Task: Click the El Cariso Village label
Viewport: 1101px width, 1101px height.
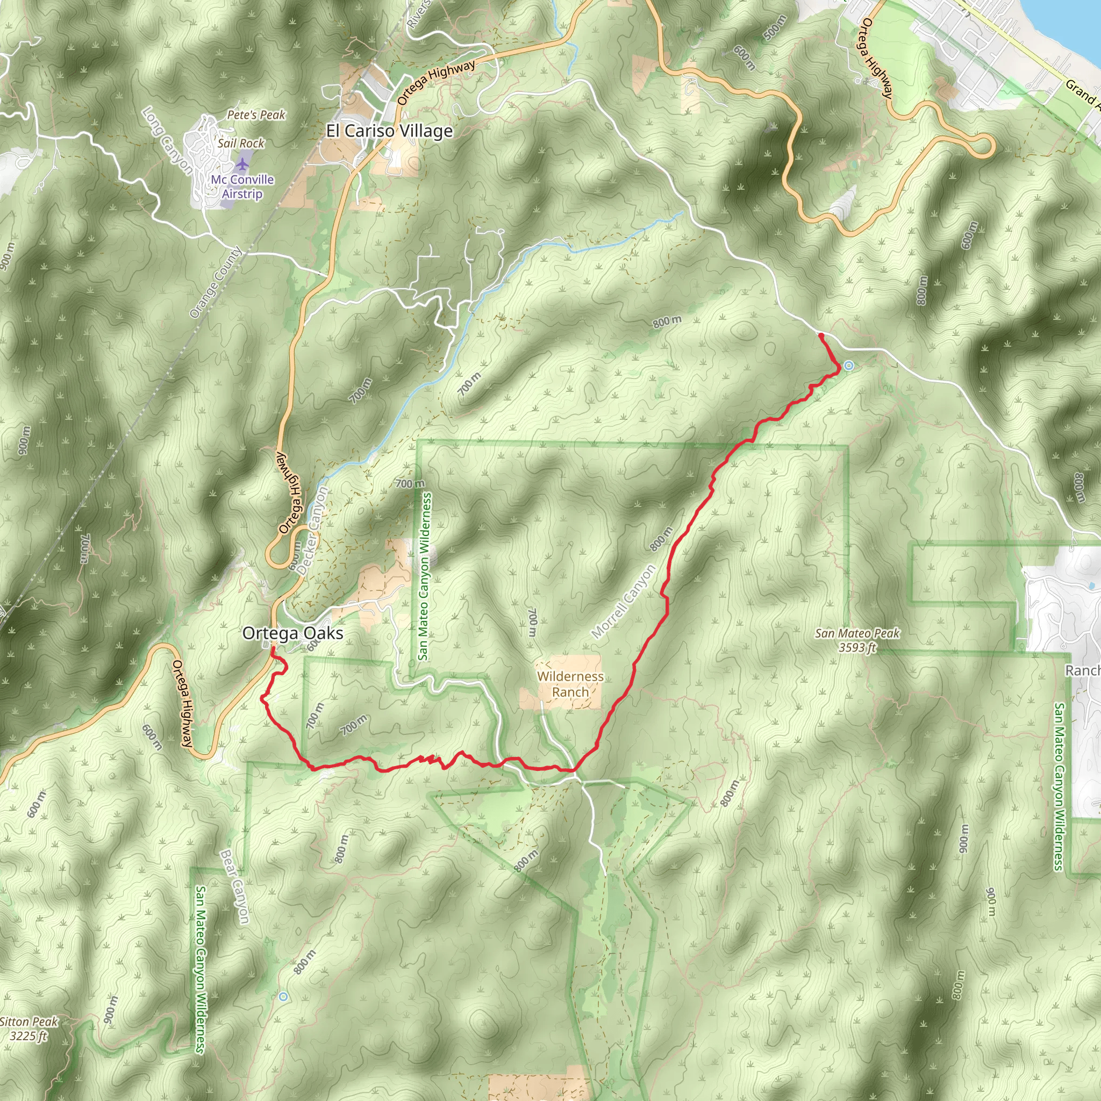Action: click(x=389, y=131)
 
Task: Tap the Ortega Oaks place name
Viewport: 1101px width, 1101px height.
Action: click(x=292, y=633)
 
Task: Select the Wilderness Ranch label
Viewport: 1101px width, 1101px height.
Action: click(x=570, y=684)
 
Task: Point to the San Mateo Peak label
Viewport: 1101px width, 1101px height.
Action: click(x=857, y=639)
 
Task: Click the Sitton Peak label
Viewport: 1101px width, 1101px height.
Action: click(x=28, y=1028)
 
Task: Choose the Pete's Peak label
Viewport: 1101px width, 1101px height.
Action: click(x=256, y=115)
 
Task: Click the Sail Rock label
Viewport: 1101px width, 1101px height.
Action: click(x=240, y=144)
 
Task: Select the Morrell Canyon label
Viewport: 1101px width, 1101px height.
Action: click(x=624, y=602)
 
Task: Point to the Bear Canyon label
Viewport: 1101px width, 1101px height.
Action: click(x=234, y=886)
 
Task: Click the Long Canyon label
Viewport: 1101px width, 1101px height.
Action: click(x=168, y=140)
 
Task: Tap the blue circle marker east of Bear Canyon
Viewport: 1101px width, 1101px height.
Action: click(x=283, y=996)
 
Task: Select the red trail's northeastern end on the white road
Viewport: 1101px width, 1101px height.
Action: click(x=820, y=334)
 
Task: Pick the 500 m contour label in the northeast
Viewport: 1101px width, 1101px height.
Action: click(x=775, y=27)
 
